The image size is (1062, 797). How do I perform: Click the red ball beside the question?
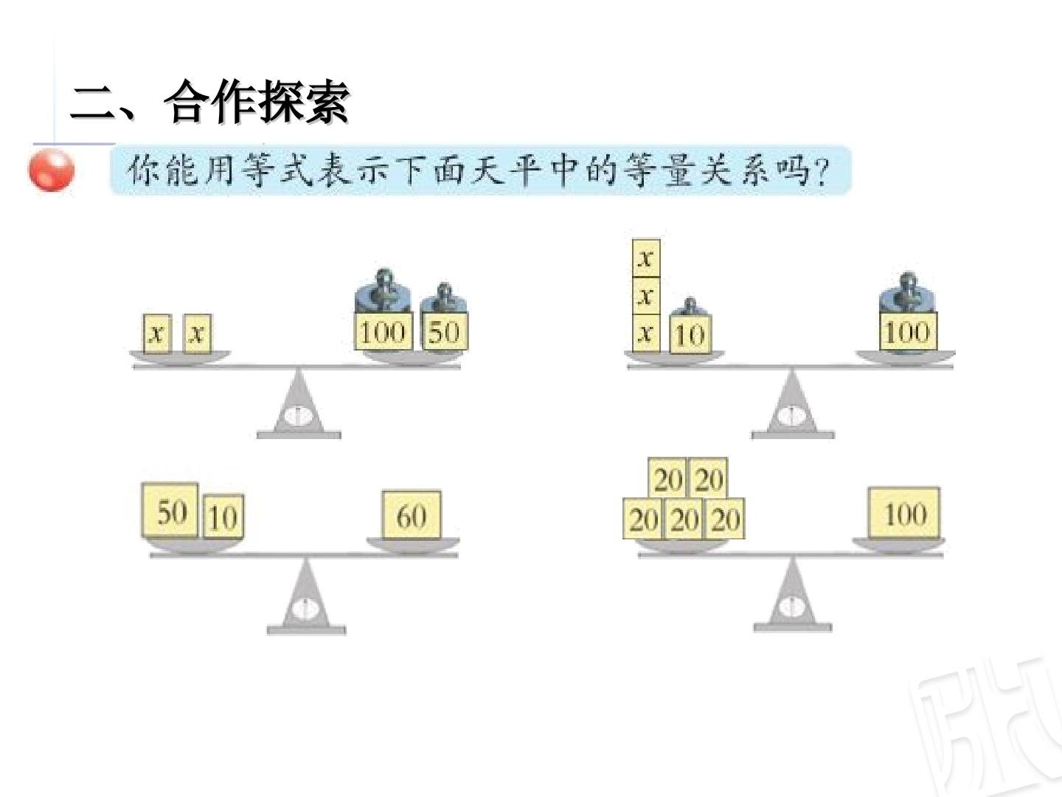pyautogui.click(x=52, y=170)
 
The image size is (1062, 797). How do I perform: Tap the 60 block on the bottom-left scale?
pyautogui.click(x=412, y=515)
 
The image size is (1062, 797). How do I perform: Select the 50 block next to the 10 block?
pyautogui.click(x=170, y=510)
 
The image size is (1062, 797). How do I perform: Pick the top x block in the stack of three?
pyautogui.click(x=646, y=258)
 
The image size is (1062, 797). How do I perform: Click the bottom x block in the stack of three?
pyautogui.click(x=646, y=333)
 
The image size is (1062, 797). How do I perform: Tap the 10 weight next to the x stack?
pyautogui.click(x=690, y=325)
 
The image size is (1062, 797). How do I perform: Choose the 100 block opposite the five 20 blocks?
pyautogui.click(x=904, y=513)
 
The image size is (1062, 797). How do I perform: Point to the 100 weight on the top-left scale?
pyautogui.click(x=383, y=310)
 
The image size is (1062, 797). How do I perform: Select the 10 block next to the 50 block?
pyautogui.click(x=223, y=517)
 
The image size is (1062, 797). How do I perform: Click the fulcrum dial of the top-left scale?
pyautogui.click(x=299, y=415)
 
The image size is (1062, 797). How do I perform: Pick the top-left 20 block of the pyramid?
pyautogui.click(x=668, y=479)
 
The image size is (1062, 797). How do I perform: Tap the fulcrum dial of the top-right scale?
pyautogui.click(x=792, y=415)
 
